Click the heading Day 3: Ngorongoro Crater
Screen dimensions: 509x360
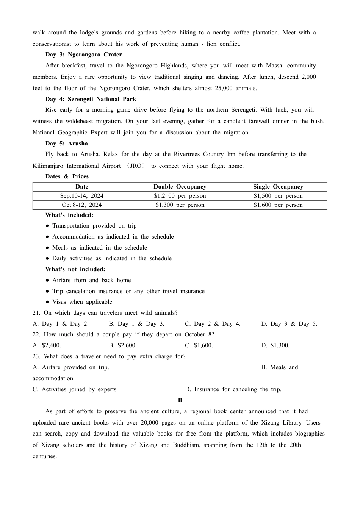click(83, 55)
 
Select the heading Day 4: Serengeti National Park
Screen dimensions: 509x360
click(91, 99)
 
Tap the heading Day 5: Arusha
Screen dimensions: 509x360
click(66, 144)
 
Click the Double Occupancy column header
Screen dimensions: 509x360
click(180, 187)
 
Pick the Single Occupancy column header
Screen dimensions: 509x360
click(278, 187)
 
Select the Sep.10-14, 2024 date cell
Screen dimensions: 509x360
click(82, 196)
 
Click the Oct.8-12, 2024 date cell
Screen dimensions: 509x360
click(82, 205)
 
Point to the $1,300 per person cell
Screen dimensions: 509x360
click(180, 205)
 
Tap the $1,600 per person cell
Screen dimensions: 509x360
click(278, 205)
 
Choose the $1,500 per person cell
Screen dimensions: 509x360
click(278, 196)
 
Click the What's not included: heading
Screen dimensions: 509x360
click(75, 269)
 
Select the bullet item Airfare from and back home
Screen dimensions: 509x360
click(91, 280)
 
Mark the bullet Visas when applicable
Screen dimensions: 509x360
click(82, 302)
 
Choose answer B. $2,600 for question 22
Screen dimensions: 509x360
click(123, 345)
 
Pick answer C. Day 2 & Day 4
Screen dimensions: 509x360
click(213, 324)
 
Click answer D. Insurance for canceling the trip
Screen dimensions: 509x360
click(233, 389)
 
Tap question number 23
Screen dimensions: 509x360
click(36, 356)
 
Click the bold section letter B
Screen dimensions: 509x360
click(180, 400)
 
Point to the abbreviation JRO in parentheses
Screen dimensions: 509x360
click(135, 166)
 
